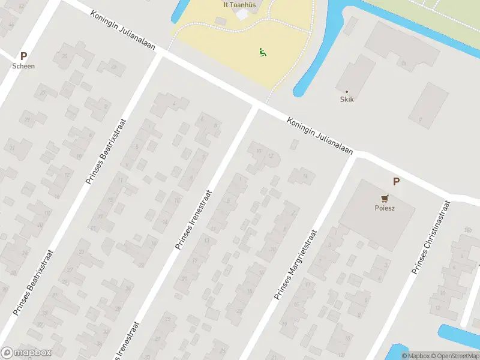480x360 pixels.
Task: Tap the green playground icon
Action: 262,53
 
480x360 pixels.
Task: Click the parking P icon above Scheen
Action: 24,56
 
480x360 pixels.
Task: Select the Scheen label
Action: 24,66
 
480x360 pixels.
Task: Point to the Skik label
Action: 347,99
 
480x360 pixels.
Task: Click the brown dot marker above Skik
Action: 346,91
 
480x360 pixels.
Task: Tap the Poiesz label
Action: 384,209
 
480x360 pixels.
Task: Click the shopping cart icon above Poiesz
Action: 384,198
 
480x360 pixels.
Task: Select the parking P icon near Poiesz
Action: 396,181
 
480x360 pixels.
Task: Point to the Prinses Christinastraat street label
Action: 431,239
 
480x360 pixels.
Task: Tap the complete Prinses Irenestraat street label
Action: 193,220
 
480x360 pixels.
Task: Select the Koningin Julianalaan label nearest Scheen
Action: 124,31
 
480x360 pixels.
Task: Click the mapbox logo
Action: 26,353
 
